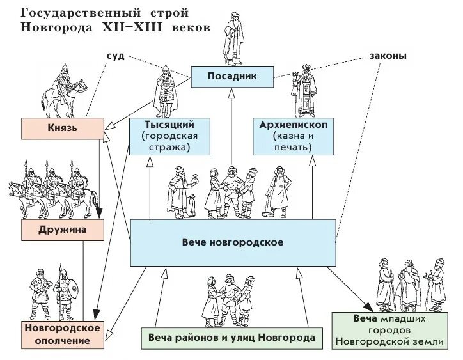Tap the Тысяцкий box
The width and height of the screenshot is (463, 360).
pyautogui.click(x=170, y=136)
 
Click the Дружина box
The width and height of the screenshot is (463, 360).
pyautogui.click(x=62, y=229)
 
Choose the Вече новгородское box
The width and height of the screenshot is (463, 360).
pyautogui.click(x=232, y=243)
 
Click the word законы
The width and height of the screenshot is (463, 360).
pyautogui.click(x=386, y=56)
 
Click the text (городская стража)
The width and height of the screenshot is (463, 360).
pyautogui.click(x=170, y=142)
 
